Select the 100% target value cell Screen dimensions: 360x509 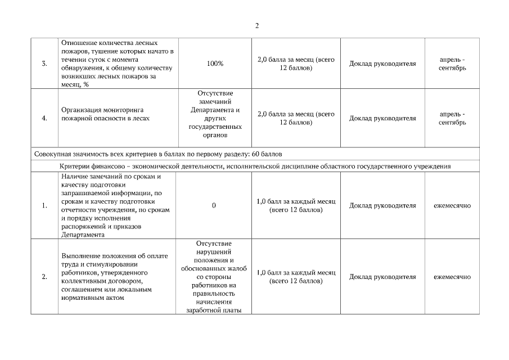pos(215,64)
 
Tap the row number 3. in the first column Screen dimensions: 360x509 pos(44,64)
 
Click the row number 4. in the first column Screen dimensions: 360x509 pos(44,118)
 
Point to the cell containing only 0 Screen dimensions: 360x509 pos(214,205)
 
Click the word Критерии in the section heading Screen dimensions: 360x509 pos(74,166)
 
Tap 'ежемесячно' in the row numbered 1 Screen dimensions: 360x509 pos(452,205)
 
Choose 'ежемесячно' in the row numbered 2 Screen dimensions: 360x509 pos(452,277)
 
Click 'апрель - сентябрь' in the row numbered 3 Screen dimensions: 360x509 pos(452,64)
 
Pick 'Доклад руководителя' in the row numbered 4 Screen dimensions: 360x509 pos(382,118)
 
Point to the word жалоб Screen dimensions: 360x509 pos(234,268)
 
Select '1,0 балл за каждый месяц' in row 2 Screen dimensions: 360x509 pos(296,272)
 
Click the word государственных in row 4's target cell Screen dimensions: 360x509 pos(214,127)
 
